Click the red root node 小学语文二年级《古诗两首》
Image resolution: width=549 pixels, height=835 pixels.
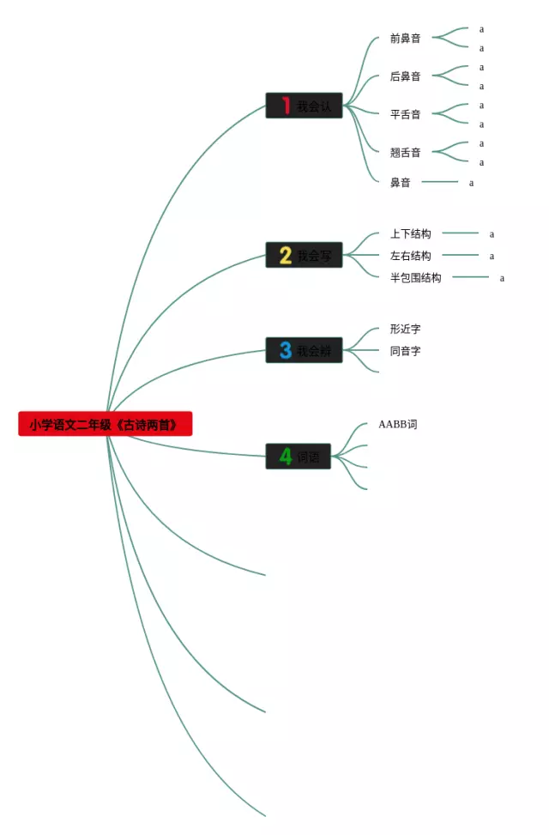click(105, 424)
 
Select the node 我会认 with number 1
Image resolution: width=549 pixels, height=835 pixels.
click(304, 106)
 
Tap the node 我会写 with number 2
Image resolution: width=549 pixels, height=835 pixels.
click(304, 255)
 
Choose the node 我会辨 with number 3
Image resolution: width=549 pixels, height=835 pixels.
click(304, 350)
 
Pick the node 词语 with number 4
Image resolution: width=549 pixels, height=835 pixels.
click(298, 457)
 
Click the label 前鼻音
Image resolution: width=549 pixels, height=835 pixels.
click(405, 39)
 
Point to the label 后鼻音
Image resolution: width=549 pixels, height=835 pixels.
click(405, 76)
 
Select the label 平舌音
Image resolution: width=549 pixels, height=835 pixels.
click(405, 114)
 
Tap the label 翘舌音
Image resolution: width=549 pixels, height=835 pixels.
click(405, 153)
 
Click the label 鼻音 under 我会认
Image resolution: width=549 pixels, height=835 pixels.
click(400, 183)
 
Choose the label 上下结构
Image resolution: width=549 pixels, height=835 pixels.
click(410, 233)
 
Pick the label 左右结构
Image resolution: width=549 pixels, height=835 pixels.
click(410, 256)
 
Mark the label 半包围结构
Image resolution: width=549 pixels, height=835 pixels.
click(415, 278)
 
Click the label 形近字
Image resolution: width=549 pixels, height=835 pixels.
click(405, 329)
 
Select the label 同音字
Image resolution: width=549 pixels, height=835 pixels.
click(405, 351)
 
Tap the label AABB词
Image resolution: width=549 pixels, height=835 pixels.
click(397, 424)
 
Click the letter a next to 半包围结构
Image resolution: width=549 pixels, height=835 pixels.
click(502, 278)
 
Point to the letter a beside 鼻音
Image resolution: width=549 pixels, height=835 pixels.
click(471, 183)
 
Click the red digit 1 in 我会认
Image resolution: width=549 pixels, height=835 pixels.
click(286, 106)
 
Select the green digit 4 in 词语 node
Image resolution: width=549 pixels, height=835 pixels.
click(285, 457)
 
